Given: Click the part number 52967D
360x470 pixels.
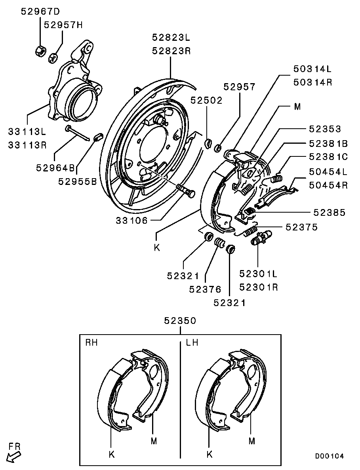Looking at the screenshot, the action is pyautogui.click(x=40, y=12).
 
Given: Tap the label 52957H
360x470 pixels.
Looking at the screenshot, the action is pyautogui.click(x=63, y=25).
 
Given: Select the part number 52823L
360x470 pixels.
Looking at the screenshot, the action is pyautogui.click(x=171, y=38).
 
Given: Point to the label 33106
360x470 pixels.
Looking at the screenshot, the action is pyautogui.click(x=132, y=220).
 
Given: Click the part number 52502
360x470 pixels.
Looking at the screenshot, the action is pyautogui.click(x=206, y=101).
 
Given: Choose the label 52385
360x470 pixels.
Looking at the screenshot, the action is pyautogui.click(x=330, y=213).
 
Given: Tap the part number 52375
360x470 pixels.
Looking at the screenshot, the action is pyautogui.click(x=301, y=227).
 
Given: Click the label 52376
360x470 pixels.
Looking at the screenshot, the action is pyautogui.click(x=205, y=289).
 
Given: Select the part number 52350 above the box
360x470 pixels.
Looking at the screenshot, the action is pyautogui.click(x=180, y=321).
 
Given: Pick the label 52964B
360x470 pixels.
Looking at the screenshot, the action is pyautogui.click(x=55, y=167).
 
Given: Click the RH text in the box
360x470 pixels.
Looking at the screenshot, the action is pyautogui.click(x=92, y=343).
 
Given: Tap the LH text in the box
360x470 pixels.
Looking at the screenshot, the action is pyautogui.click(x=192, y=343).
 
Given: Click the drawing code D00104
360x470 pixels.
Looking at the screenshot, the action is pyautogui.click(x=330, y=456).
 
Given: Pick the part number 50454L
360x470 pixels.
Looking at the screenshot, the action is pyautogui.click(x=328, y=172).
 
